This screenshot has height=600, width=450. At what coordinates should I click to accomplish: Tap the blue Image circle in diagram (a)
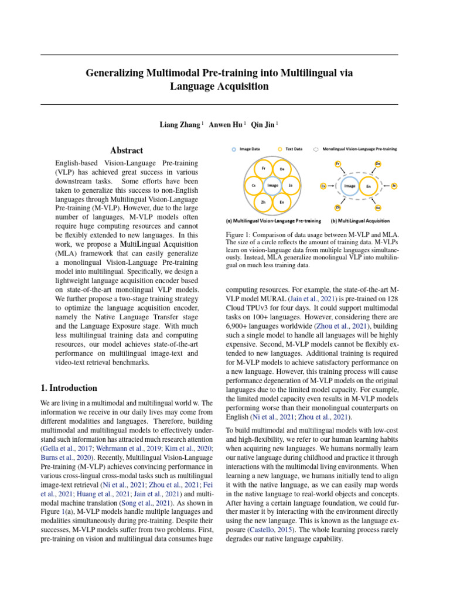272,185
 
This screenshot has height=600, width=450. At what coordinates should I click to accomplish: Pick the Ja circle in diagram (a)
291,185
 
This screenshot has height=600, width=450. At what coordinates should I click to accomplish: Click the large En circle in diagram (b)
369,186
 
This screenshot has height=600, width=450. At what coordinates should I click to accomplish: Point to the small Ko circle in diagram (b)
378,208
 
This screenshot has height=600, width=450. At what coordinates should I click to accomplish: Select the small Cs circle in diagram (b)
323,186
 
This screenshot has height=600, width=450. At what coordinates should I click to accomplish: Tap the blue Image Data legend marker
234,149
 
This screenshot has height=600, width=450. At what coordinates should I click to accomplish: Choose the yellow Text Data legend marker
280,149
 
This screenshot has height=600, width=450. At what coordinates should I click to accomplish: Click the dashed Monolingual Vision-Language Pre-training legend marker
316,149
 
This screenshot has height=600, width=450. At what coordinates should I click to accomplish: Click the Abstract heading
127,151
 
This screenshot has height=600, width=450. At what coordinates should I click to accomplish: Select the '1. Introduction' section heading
69,388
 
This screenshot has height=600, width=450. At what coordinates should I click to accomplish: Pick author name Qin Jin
262,125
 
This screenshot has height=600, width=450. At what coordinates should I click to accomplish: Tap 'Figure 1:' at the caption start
241,234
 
